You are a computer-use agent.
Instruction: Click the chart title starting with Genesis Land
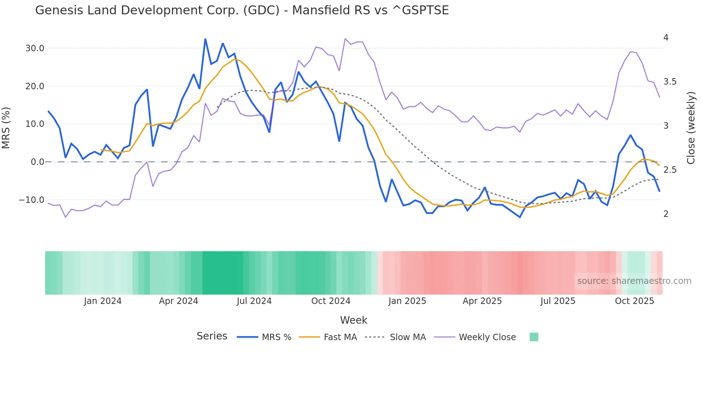242,10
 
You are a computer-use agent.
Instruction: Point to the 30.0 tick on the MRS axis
35,48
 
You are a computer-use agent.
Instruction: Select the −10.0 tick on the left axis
32,200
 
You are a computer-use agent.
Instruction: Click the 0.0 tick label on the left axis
37,162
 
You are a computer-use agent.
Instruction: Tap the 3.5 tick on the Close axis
670,82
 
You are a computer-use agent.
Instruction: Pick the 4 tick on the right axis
666,38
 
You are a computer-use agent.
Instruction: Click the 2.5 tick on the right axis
670,170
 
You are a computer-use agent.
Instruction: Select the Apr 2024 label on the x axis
178,301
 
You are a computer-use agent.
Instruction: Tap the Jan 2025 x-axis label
407,301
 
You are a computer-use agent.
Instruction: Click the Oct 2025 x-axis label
634,301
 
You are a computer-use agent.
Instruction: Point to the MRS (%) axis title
6,128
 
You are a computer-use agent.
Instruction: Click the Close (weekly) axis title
691,128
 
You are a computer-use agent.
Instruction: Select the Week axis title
354,320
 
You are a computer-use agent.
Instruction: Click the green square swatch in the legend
534,337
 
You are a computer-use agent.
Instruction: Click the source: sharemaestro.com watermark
634,281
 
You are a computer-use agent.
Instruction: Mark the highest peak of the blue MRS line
205,39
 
